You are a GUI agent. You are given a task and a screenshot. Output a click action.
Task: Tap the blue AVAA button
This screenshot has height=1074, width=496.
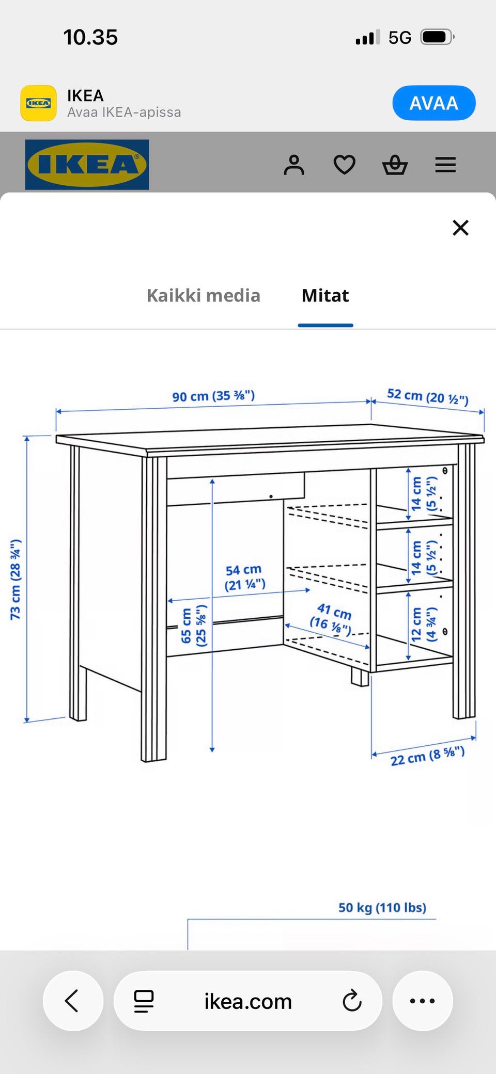[433, 103]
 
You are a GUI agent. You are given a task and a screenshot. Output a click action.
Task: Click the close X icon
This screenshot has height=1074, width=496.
[460, 228]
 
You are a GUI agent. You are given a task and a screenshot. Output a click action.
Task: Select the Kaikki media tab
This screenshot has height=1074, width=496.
[204, 295]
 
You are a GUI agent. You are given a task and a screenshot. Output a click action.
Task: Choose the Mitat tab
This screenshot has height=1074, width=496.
[326, 295]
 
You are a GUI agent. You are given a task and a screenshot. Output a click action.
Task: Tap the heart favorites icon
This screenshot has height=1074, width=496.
[345, 165]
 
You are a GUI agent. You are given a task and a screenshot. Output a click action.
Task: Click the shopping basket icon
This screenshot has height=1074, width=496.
[395, 165]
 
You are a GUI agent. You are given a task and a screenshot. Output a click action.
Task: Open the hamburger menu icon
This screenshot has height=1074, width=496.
[445, 165]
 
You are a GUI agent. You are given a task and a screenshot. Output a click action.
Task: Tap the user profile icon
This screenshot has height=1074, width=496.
[294, 165]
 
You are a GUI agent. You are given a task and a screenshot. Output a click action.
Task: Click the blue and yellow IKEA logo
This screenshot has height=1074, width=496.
[87, 165]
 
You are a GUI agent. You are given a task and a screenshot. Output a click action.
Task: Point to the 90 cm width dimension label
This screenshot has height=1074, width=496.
[213, 396]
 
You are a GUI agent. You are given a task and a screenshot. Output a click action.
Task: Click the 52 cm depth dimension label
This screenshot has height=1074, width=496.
[428, 397]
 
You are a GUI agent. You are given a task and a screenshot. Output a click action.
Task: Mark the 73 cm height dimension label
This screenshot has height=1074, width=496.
[16, 579]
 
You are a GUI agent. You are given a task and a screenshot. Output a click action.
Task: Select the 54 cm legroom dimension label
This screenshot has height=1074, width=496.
[244, 578]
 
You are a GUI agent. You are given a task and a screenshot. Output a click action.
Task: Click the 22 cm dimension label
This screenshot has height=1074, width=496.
[427, 756]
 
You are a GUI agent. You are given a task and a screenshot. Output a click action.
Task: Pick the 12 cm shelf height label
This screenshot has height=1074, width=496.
[424, 624]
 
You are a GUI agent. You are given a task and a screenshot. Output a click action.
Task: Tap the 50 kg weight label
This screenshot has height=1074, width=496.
[382, 908]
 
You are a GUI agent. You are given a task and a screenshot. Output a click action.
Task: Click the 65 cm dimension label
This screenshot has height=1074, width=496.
[194, 626]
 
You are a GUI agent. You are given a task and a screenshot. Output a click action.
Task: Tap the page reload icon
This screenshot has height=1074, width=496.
[352, 1001]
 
